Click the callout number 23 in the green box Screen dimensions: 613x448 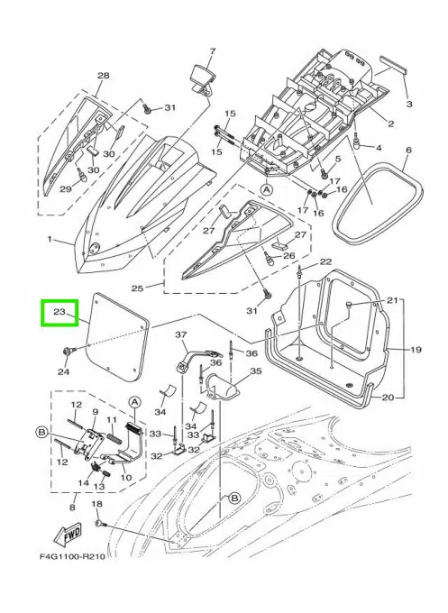[x=59, y=313]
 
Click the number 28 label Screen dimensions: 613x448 [x=103, y=76]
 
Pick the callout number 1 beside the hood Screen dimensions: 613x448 [x=51, y=241]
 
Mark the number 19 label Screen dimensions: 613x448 [x=416, y=349]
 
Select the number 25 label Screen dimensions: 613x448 [x=138, y=289]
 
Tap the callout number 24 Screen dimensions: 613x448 [x=64, y=371]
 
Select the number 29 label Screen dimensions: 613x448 [x=65, y=189]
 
